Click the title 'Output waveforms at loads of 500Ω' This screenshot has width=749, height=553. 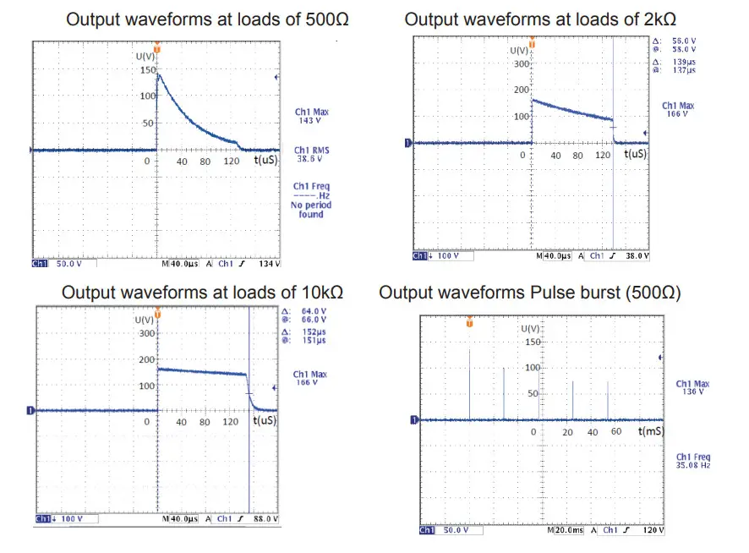pyautogui.click(x=206, y=19)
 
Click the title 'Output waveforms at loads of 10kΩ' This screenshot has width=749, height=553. pyautogui.click(x=202, y=293)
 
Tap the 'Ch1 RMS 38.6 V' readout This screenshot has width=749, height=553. pyautogui.click(x=311, y=154)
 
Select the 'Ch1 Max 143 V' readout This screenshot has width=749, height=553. pyautogui.click(x=311, y=116)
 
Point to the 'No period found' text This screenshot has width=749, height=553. pyautogui.click(x=311, y=210)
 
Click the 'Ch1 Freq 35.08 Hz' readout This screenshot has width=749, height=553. pyautogui.click(x=693, y=463)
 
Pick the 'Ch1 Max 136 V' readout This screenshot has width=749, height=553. pyautogui.click(x=693, y=387)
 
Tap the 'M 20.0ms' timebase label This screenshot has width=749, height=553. pyautogui.click(x=564, y=530)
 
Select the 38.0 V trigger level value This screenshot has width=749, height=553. pyautogui.click(x=636, y=255)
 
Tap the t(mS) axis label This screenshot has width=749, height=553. pyautogui.click(x=652, y=431)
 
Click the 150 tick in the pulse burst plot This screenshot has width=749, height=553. pyautogui.click(x=532, y=342)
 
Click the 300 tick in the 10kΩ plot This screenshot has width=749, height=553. pyautogui.click(x=148, y=333)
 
